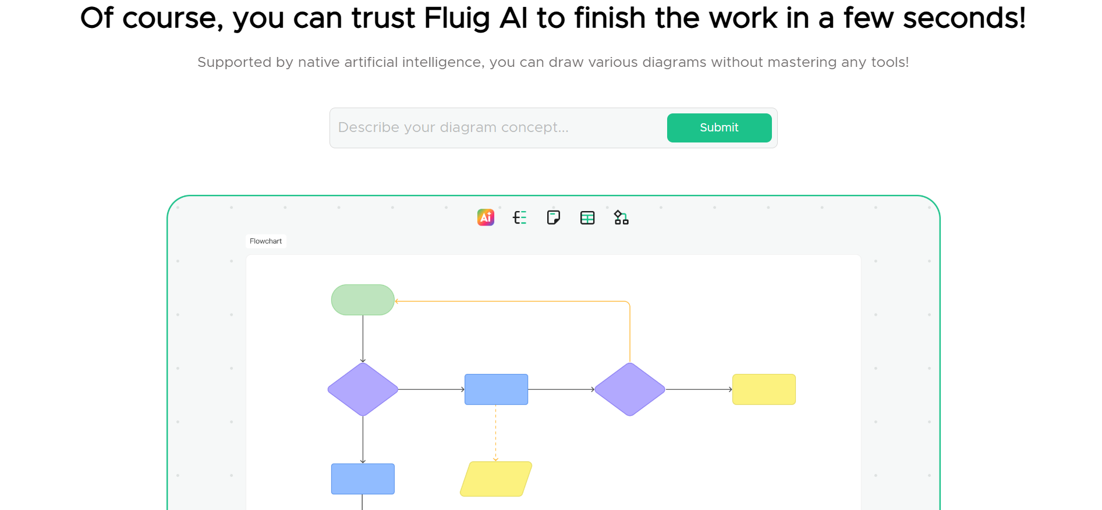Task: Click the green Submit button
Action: (x=719, y=128)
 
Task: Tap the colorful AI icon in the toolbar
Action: (x=486, y=217)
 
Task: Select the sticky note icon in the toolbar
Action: (x=554, y=217)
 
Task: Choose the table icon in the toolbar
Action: (x=587, y=217)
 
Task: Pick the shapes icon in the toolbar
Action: (x=621, y=217)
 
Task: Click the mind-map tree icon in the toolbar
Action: (x=519, y=217)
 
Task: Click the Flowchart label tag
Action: (x=265, y=241)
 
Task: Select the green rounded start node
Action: (x=363, y=300)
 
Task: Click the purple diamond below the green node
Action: (x=363, y=389)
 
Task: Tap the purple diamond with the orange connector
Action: (x=629, y=389)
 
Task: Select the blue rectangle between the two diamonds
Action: (x=496, y=389)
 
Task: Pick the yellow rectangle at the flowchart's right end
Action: (x=764, y=389)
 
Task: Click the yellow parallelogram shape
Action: (x=496, y=479)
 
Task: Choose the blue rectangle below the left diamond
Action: (x=363, y=479)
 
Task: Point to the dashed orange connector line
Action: (x=496, y=433)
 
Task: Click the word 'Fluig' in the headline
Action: (x=457, y=19)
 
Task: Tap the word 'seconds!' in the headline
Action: (x=964, y=19)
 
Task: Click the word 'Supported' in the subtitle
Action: (x=234, y=63)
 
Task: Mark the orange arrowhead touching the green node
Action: (x=397, y=301)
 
